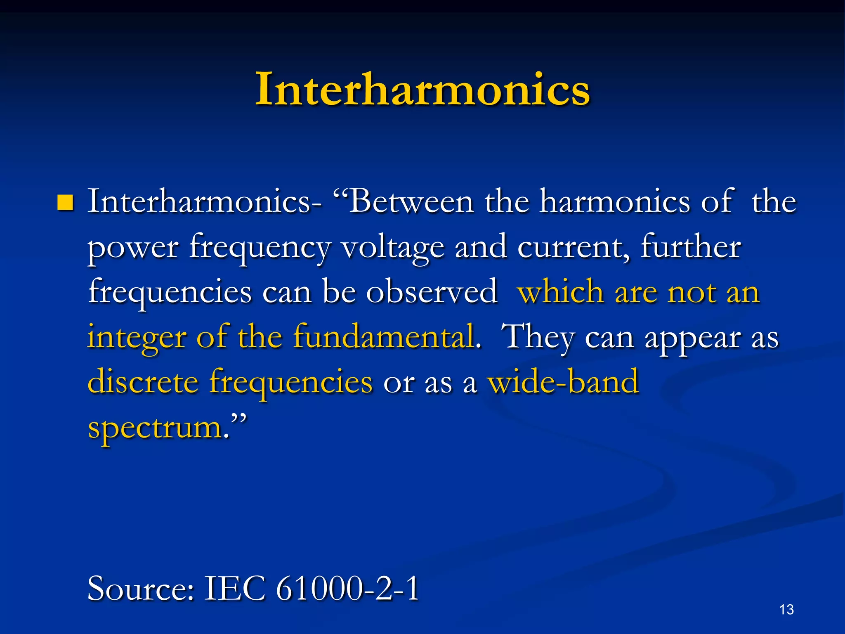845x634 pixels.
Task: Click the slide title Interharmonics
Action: pos(422,89)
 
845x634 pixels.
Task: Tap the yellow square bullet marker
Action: pos(66,203)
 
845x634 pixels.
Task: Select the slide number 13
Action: pos(786,609)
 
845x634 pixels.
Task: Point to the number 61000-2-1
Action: pos(347,589)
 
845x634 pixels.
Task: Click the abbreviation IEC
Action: pos(234,589)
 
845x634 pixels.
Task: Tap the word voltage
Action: pos(393,248)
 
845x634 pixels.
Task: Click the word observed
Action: pos(432,292)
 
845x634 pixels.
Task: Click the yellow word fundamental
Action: pos(384,337)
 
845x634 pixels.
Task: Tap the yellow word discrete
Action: pos(143,382)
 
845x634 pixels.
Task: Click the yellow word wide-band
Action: pos(563,382)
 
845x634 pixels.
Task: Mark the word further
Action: pos(691,247)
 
